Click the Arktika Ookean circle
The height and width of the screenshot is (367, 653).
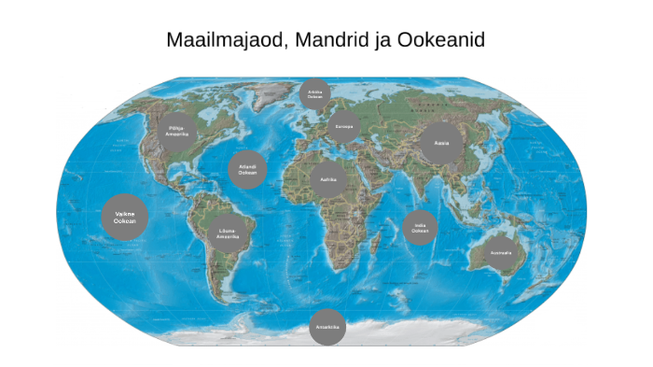[x=315, y=93]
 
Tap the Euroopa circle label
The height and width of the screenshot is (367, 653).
[x=344, y=126]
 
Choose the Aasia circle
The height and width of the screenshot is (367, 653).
[x=442, y=144]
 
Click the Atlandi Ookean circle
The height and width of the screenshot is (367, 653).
[x=247, y=170]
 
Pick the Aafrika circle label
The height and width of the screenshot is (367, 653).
[x=327, y=177]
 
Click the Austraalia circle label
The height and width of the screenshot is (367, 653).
[x=502, y=252]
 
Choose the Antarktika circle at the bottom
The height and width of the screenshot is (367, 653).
[x=326, y=327]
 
